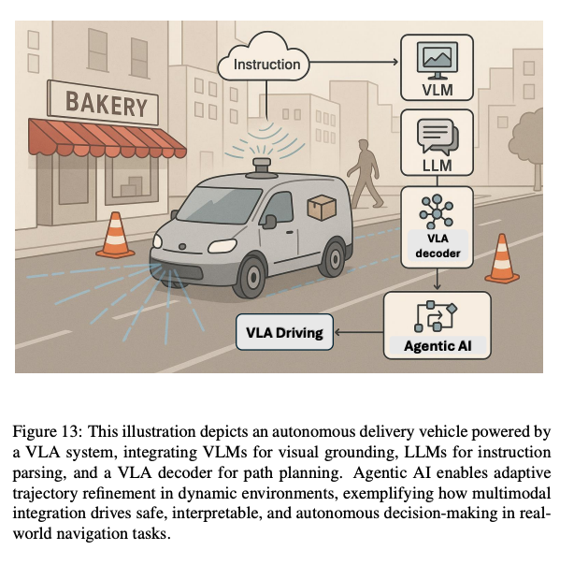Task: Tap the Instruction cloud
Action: tap(266, 65)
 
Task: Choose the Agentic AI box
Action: tap(437, 326)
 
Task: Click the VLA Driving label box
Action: tap(284, 331)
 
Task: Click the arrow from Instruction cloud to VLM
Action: tap(359, 65)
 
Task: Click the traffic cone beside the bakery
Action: tap(117, 238)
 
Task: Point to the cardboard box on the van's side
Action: tap(322, 209)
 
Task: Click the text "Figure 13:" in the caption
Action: tap(46, 431)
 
